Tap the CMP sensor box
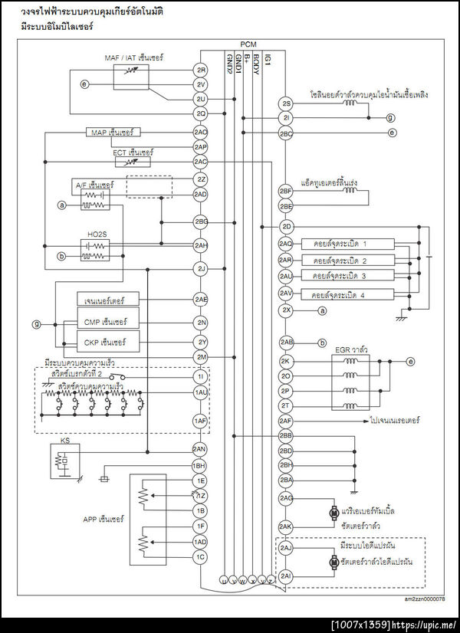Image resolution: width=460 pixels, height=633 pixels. click(106, 322)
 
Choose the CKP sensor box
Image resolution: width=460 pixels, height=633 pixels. click(106, 341)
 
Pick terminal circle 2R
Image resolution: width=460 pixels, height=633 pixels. click(201, 70)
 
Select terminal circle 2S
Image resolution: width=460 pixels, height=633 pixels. click(286, 103)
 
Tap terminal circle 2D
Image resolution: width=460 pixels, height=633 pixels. click(286, 227)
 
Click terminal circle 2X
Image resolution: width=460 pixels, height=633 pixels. click(286, 310)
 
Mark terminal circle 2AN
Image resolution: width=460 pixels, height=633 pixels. click(201, 449)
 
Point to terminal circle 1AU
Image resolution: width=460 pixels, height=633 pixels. click(201, 392)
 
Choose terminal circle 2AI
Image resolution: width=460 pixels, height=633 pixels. click(286, 576)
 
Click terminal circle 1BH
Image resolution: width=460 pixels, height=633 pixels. click(201, 465)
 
